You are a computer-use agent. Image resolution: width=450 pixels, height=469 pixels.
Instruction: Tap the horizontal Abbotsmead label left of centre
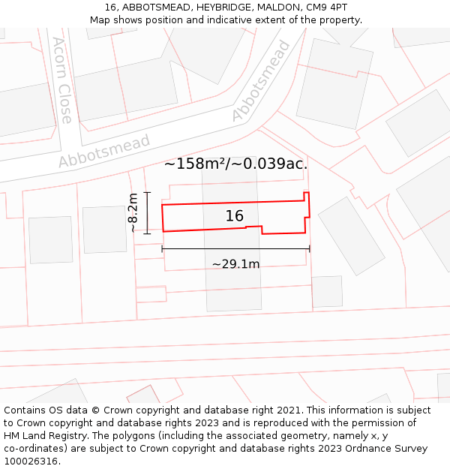pyautogui.click(x=104, y=151)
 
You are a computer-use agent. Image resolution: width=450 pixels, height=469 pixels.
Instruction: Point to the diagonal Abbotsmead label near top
pyautogui.click(x=261, y=81)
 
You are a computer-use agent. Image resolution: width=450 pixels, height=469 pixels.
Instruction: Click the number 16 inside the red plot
pyautogui.click(x=235, y=216)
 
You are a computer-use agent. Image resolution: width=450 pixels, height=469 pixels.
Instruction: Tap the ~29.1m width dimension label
pyautogui.click(x=235, y=264)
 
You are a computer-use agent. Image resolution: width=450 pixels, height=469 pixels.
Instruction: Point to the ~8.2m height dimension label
pyautogui.click(x=133, y=213)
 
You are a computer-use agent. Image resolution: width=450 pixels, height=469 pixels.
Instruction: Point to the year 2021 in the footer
pyautogui.click(x=286, y=410)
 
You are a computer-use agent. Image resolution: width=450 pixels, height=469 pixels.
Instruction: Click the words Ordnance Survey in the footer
pyautogui.click(x=386, y=449)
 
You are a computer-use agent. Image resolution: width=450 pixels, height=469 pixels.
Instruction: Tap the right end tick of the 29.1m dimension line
pyautogui.click(x=310, y=248)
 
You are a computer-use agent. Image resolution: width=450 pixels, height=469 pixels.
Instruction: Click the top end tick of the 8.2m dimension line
pyautogui.click(x=147, y=193)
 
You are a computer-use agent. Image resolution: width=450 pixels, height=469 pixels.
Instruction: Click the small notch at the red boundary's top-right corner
pyautogui.click(x=306, y=197)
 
